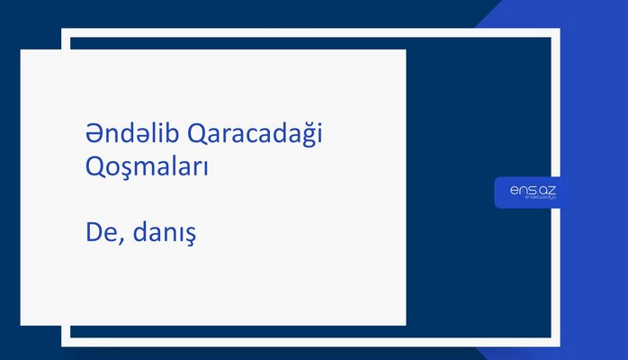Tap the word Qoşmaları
(143, 168)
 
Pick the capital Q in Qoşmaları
(86, 167)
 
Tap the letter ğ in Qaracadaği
(310, 137)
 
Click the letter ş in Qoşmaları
(118, 170)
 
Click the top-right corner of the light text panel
(405, 50)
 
